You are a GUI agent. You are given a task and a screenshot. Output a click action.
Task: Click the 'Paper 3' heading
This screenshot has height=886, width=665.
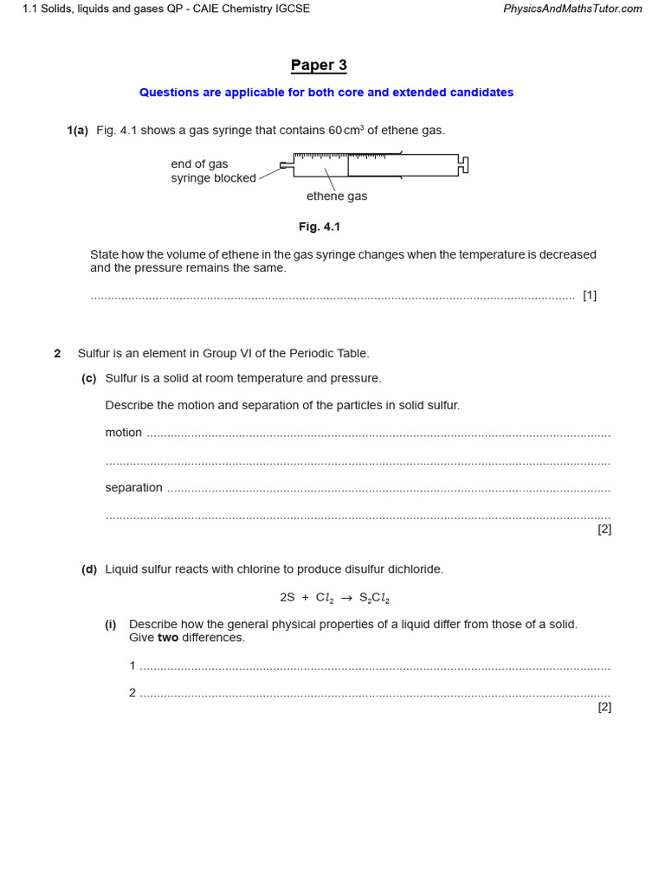319,66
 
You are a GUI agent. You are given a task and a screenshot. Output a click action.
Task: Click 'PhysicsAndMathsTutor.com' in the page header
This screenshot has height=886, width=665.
572,9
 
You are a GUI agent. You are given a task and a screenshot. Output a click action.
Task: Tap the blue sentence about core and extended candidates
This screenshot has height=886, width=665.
326,93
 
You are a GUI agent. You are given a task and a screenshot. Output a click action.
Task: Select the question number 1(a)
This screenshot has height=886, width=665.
77,131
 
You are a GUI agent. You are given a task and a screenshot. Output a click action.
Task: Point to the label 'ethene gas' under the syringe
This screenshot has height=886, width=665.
337,196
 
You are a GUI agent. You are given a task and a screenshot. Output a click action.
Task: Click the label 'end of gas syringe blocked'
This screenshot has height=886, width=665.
213,171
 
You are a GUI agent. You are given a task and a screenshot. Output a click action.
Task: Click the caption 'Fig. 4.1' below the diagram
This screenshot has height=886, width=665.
320,227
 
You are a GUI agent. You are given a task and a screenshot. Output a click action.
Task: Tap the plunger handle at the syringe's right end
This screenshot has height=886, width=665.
463,164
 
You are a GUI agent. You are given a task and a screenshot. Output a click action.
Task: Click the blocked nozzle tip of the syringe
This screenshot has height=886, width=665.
286,164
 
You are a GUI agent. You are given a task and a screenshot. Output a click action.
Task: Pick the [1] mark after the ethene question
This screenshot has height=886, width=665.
590,295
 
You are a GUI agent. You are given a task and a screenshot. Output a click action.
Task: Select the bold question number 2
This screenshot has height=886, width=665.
57,354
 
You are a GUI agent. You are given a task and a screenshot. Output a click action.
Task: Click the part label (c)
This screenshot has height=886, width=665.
88,378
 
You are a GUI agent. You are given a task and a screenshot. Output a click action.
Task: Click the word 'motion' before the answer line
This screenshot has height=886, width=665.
124,433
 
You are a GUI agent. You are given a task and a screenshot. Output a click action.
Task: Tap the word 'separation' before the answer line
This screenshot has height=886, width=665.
133,488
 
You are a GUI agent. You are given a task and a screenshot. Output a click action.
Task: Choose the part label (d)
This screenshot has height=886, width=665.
88,569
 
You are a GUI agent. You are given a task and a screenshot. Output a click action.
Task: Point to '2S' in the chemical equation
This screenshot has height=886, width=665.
287,598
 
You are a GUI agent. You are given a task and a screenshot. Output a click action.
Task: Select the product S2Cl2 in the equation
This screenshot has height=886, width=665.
374,598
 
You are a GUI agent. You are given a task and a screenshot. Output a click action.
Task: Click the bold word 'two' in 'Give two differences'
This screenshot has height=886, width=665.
168,638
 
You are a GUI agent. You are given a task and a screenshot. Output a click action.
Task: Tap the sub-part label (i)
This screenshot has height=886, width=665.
111,625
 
